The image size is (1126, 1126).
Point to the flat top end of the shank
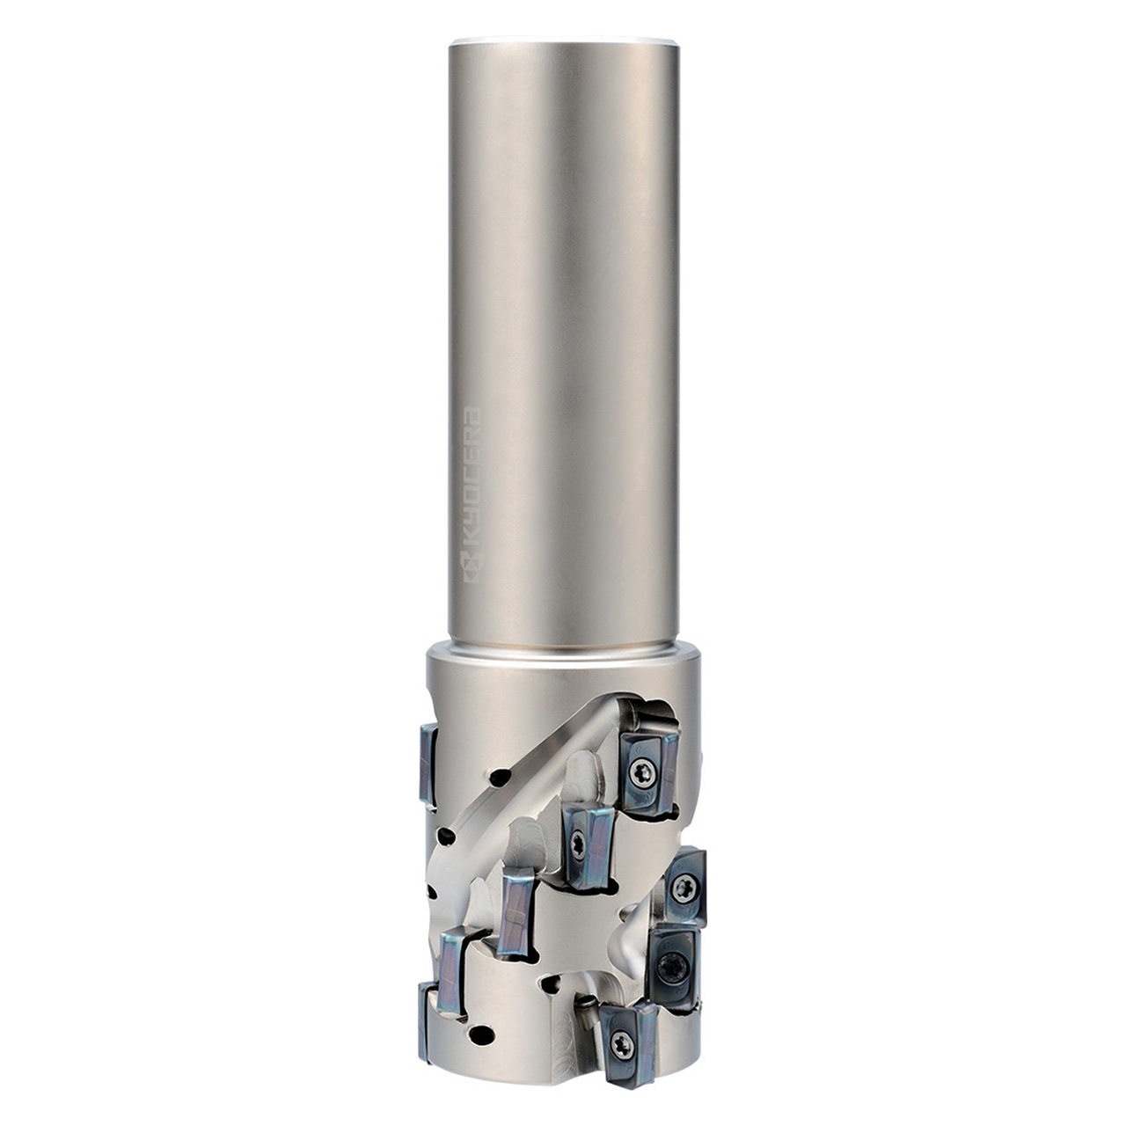tap(563, 41)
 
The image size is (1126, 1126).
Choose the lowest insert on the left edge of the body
tap(428, 1020)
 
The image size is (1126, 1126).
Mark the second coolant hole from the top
tap(447, 836)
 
